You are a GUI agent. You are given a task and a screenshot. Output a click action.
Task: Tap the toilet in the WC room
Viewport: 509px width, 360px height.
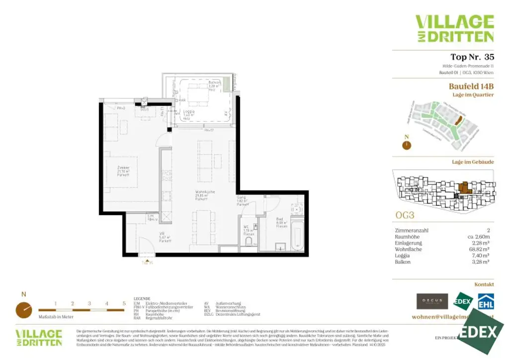point(249,241)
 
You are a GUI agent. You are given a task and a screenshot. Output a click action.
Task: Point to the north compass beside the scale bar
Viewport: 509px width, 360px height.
point(23,309)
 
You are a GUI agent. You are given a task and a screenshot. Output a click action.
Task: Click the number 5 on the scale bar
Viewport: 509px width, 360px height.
point(124,303)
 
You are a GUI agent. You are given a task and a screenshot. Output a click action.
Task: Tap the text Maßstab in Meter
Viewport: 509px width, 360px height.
point(56,317)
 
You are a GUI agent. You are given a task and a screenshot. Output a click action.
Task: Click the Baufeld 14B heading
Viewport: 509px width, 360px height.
point(471,86)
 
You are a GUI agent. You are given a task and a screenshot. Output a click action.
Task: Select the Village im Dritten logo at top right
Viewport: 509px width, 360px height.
point(454,28)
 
